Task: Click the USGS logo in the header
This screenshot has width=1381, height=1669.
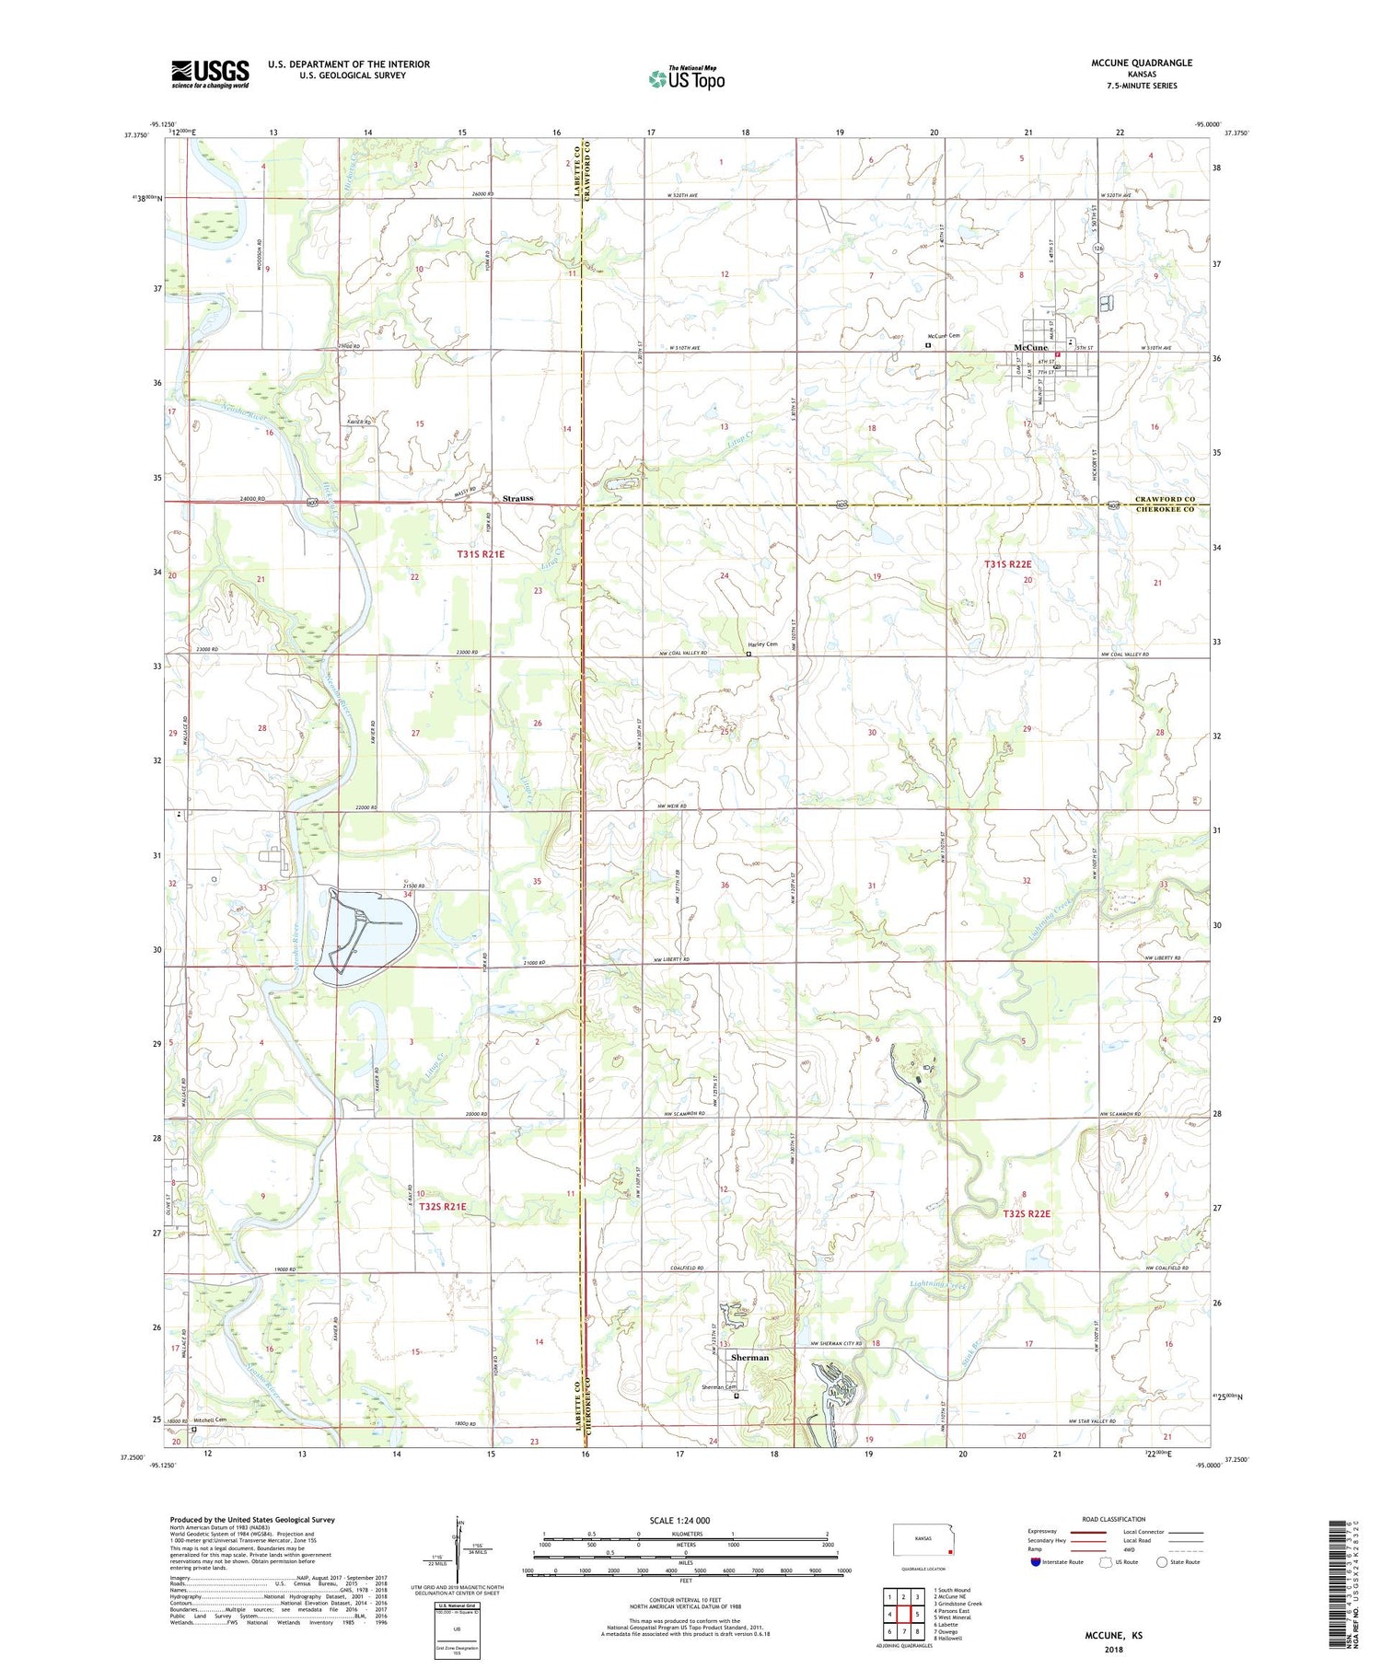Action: click(210, 74)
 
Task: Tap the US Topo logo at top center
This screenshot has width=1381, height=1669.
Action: click(686, 79)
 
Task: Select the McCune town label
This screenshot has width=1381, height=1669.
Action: click(1030, 347)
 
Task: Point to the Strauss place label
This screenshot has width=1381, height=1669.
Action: click(517, 498)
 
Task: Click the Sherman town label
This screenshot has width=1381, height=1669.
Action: click(749, 1357)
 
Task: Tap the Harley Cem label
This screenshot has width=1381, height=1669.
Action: click(762, 644)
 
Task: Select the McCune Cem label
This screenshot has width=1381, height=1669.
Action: click(943, 336)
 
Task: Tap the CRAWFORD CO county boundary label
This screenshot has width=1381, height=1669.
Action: click(1165, 499)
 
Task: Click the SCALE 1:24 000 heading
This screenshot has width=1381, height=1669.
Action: click(679, 1520)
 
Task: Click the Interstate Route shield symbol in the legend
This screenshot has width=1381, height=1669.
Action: click(1036, 1562)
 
